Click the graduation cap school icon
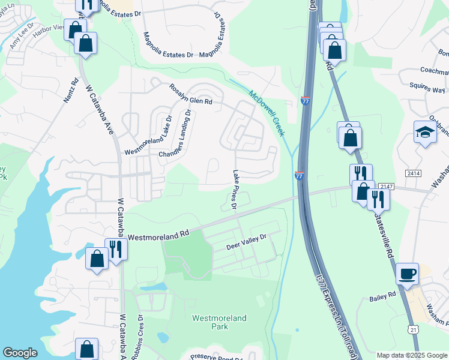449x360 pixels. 425,133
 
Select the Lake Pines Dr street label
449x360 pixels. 240,189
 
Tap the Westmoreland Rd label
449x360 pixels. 158,232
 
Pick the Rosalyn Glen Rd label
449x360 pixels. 191,94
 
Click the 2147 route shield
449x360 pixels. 387,187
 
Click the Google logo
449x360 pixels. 20,353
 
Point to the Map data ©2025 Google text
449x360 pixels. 411,355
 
